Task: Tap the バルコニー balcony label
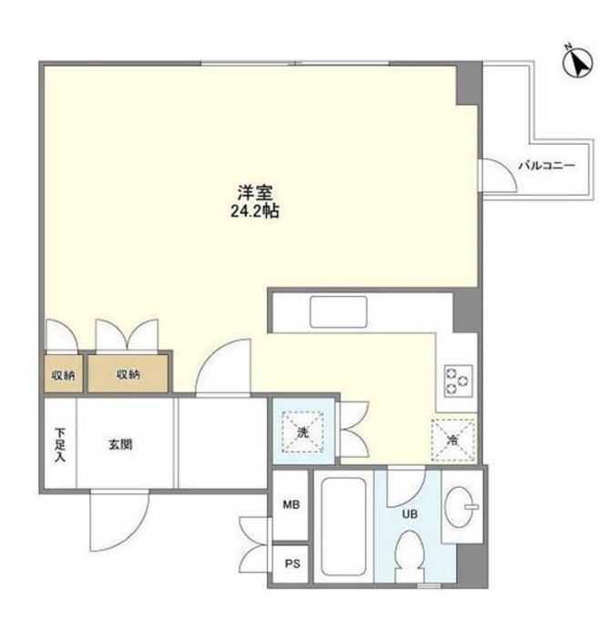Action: (x=546, y=166)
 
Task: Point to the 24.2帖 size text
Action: (x=256, y=210)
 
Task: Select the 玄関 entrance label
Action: (x=121, y=445)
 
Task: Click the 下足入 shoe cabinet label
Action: (x=59, y=445)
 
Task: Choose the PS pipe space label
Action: (x=291, y=564)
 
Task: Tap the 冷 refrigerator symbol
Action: (x=454, y=441)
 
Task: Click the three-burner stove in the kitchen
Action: (x=455, y=376)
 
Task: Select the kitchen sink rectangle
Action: (x=338, y=312)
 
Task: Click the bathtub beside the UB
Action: (x=342, y=526)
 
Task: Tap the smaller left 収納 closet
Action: (x=63, y=374)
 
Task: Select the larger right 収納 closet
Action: (x=127, y=374)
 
